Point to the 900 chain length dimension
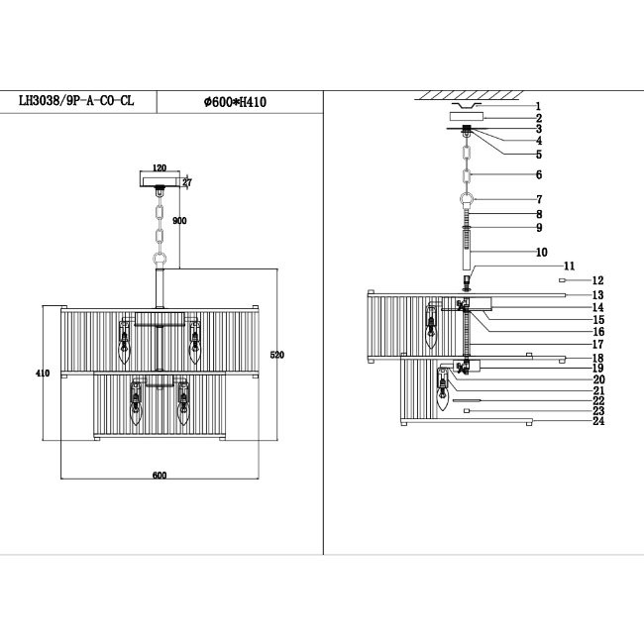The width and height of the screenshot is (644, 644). (x=180, y=221)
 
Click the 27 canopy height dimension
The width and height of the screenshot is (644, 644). (x=186, y=181)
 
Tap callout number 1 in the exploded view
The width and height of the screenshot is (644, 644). (x=538, y=105)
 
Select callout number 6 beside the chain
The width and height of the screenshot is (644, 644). (x=538, y=174)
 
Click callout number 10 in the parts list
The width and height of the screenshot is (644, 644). (x=541, y=253)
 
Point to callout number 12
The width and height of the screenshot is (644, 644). (x=597, y=281)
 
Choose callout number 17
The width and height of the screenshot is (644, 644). (x=598, y=344)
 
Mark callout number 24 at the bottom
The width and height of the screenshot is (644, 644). (x=598, y=421)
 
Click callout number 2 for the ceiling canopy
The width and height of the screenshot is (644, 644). (x=538, y=117)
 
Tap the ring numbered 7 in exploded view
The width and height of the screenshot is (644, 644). (x=467, y=200)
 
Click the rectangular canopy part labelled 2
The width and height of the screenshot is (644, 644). (x=467, y=117)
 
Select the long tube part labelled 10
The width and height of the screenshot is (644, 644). (x=468, y=254)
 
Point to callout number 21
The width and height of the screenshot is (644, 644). (x=598, y=389)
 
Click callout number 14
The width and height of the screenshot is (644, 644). (x=598, y=307)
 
